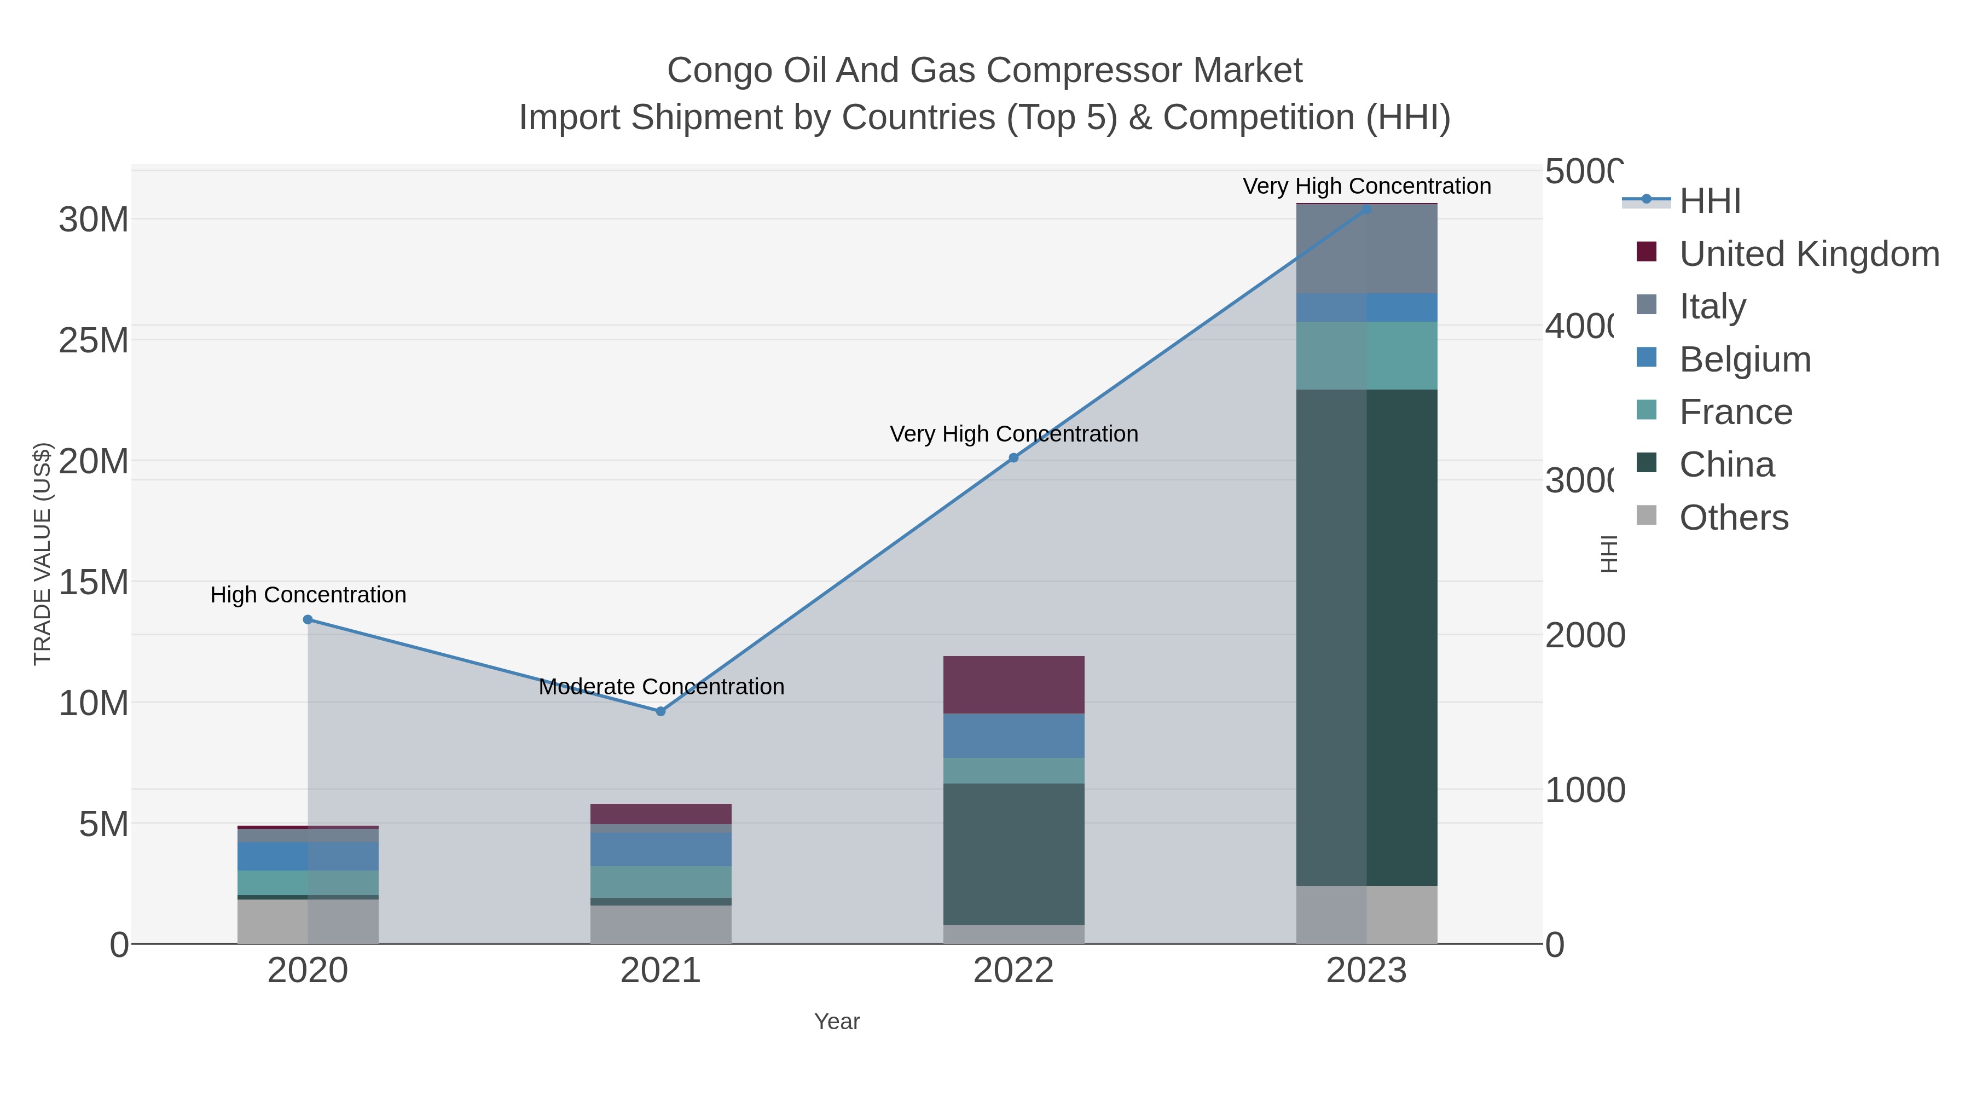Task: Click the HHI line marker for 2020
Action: tap(308, 619)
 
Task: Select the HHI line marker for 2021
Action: tap(660, 711)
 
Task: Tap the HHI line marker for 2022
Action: tap(1013, 458)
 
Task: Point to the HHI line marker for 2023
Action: tap(1366, 209)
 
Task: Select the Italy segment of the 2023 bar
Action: tap(1366, 248)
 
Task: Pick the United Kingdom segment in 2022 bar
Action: tap(1013, 684)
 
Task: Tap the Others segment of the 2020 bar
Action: tap(308, 921)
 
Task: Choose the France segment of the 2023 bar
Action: tap(1366, 356)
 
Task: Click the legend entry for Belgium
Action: tap(1745, 359)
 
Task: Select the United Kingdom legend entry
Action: tap(1809, 254)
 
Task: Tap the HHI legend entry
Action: tap(1709, 201)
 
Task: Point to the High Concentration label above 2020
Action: tap(308, 595)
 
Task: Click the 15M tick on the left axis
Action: tap(93, 583)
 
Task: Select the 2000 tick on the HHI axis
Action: tap(1585, 635)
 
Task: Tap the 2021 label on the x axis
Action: tap(660, 971)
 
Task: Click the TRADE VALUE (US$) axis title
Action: tap(42, 554)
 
